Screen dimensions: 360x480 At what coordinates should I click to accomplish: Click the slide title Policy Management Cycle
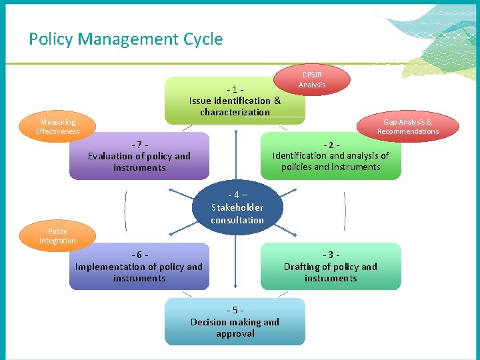[x=125, y=39]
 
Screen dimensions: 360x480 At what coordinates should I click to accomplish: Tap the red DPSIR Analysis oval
[x=312, y=80]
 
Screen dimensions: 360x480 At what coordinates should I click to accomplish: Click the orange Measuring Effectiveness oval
[x=57, y=127]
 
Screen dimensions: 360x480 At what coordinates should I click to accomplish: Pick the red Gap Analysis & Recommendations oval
[x=408, y=127]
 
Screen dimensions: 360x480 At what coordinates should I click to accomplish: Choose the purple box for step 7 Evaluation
[x=139, y=156]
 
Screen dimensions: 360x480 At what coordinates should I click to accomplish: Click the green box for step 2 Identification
[x=331, y=156]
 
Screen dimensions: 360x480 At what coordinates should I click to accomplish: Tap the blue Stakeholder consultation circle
[x=237, y=207]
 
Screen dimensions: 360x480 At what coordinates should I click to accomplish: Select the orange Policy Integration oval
[x=57, y=236]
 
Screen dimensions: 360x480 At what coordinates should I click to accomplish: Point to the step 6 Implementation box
[x=139, y=267]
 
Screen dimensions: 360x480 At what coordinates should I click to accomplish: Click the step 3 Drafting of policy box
[x=331, y=267]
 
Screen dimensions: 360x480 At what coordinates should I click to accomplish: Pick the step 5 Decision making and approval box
[x=235, y=322]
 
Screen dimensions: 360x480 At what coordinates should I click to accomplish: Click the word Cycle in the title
[x=202, y=39]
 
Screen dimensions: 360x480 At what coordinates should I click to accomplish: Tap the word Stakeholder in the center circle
[x=237, y=207]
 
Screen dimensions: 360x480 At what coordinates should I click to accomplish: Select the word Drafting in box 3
[x=303, y=267]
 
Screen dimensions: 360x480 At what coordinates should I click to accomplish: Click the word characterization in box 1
[x=235, y=112]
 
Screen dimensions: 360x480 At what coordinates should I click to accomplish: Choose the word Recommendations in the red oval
[x=408, y=131]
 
